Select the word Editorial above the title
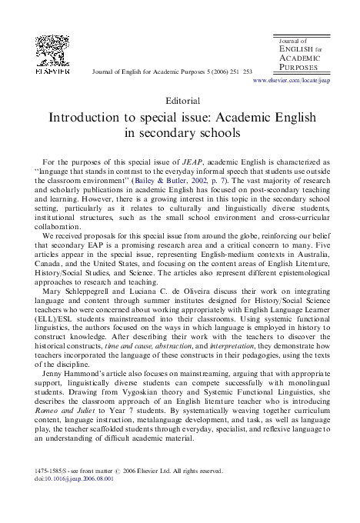tap(182, 99)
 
